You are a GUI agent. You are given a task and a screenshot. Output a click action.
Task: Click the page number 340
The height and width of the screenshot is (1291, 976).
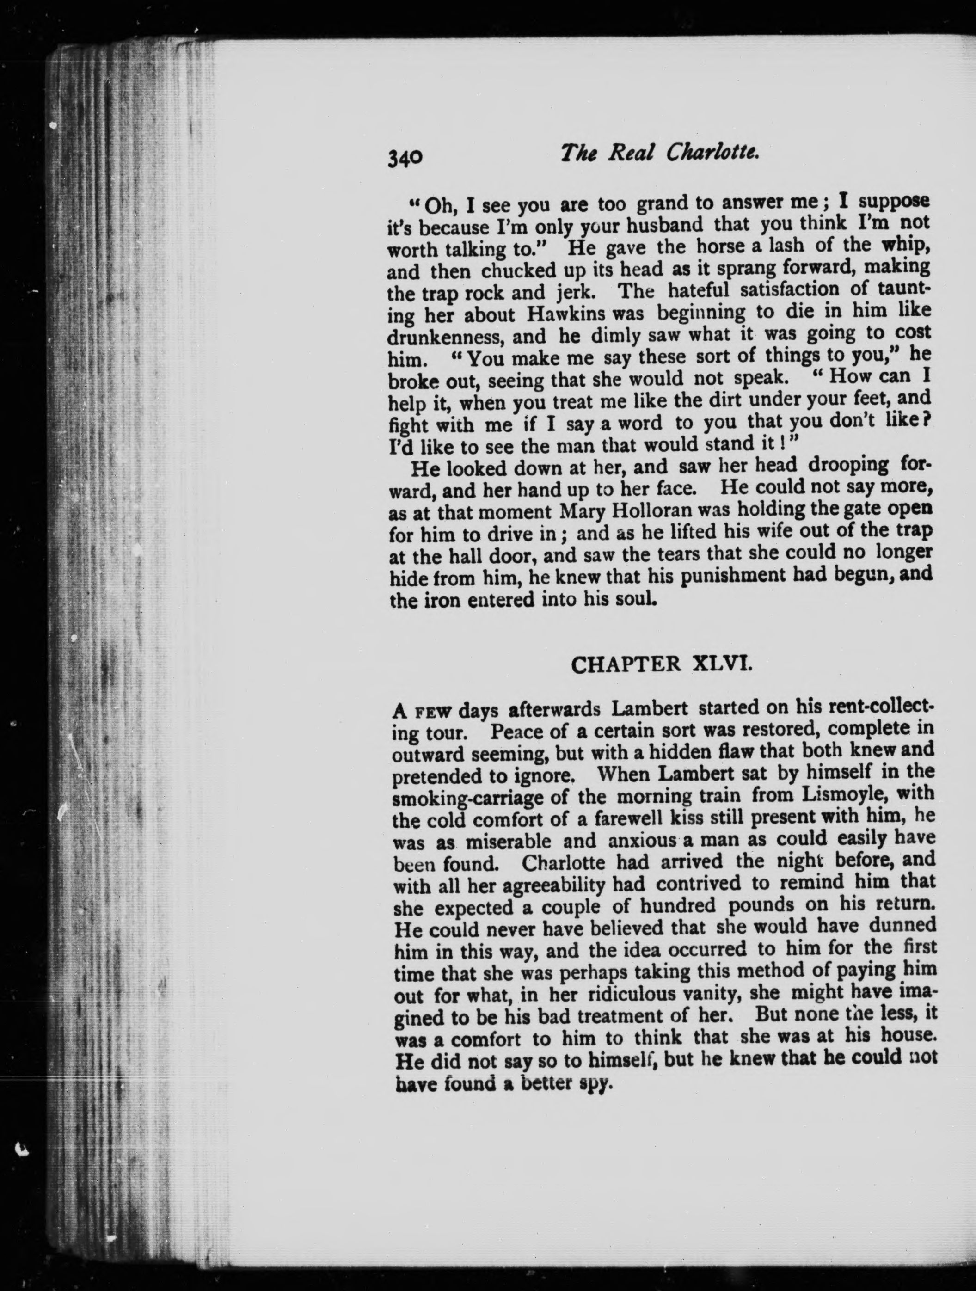click(x=404, y=157)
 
